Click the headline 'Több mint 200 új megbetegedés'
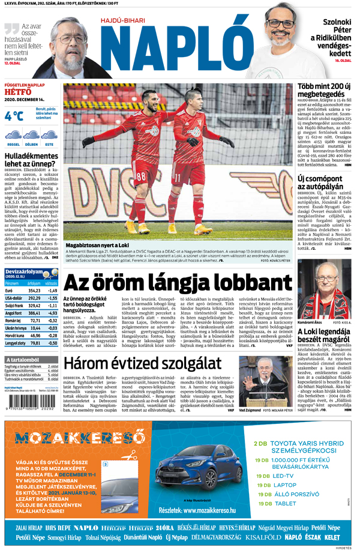click(x=324, y=90)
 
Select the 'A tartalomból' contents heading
click(x=23, y=359)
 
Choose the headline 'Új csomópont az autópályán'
click(x=323, y=183)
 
